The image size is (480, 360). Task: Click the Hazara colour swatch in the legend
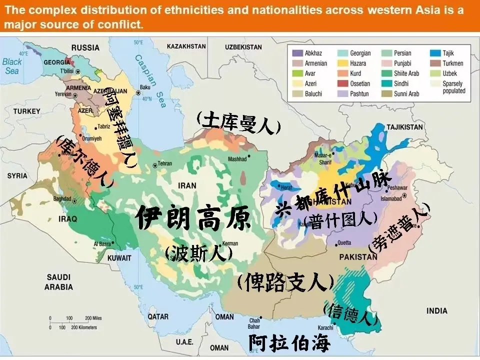(342, 63)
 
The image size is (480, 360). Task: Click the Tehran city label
(165, 164)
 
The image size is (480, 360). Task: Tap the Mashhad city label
(237, 159)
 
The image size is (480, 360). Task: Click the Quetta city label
(344, 242)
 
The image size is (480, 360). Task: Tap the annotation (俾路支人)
(285, 283)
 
